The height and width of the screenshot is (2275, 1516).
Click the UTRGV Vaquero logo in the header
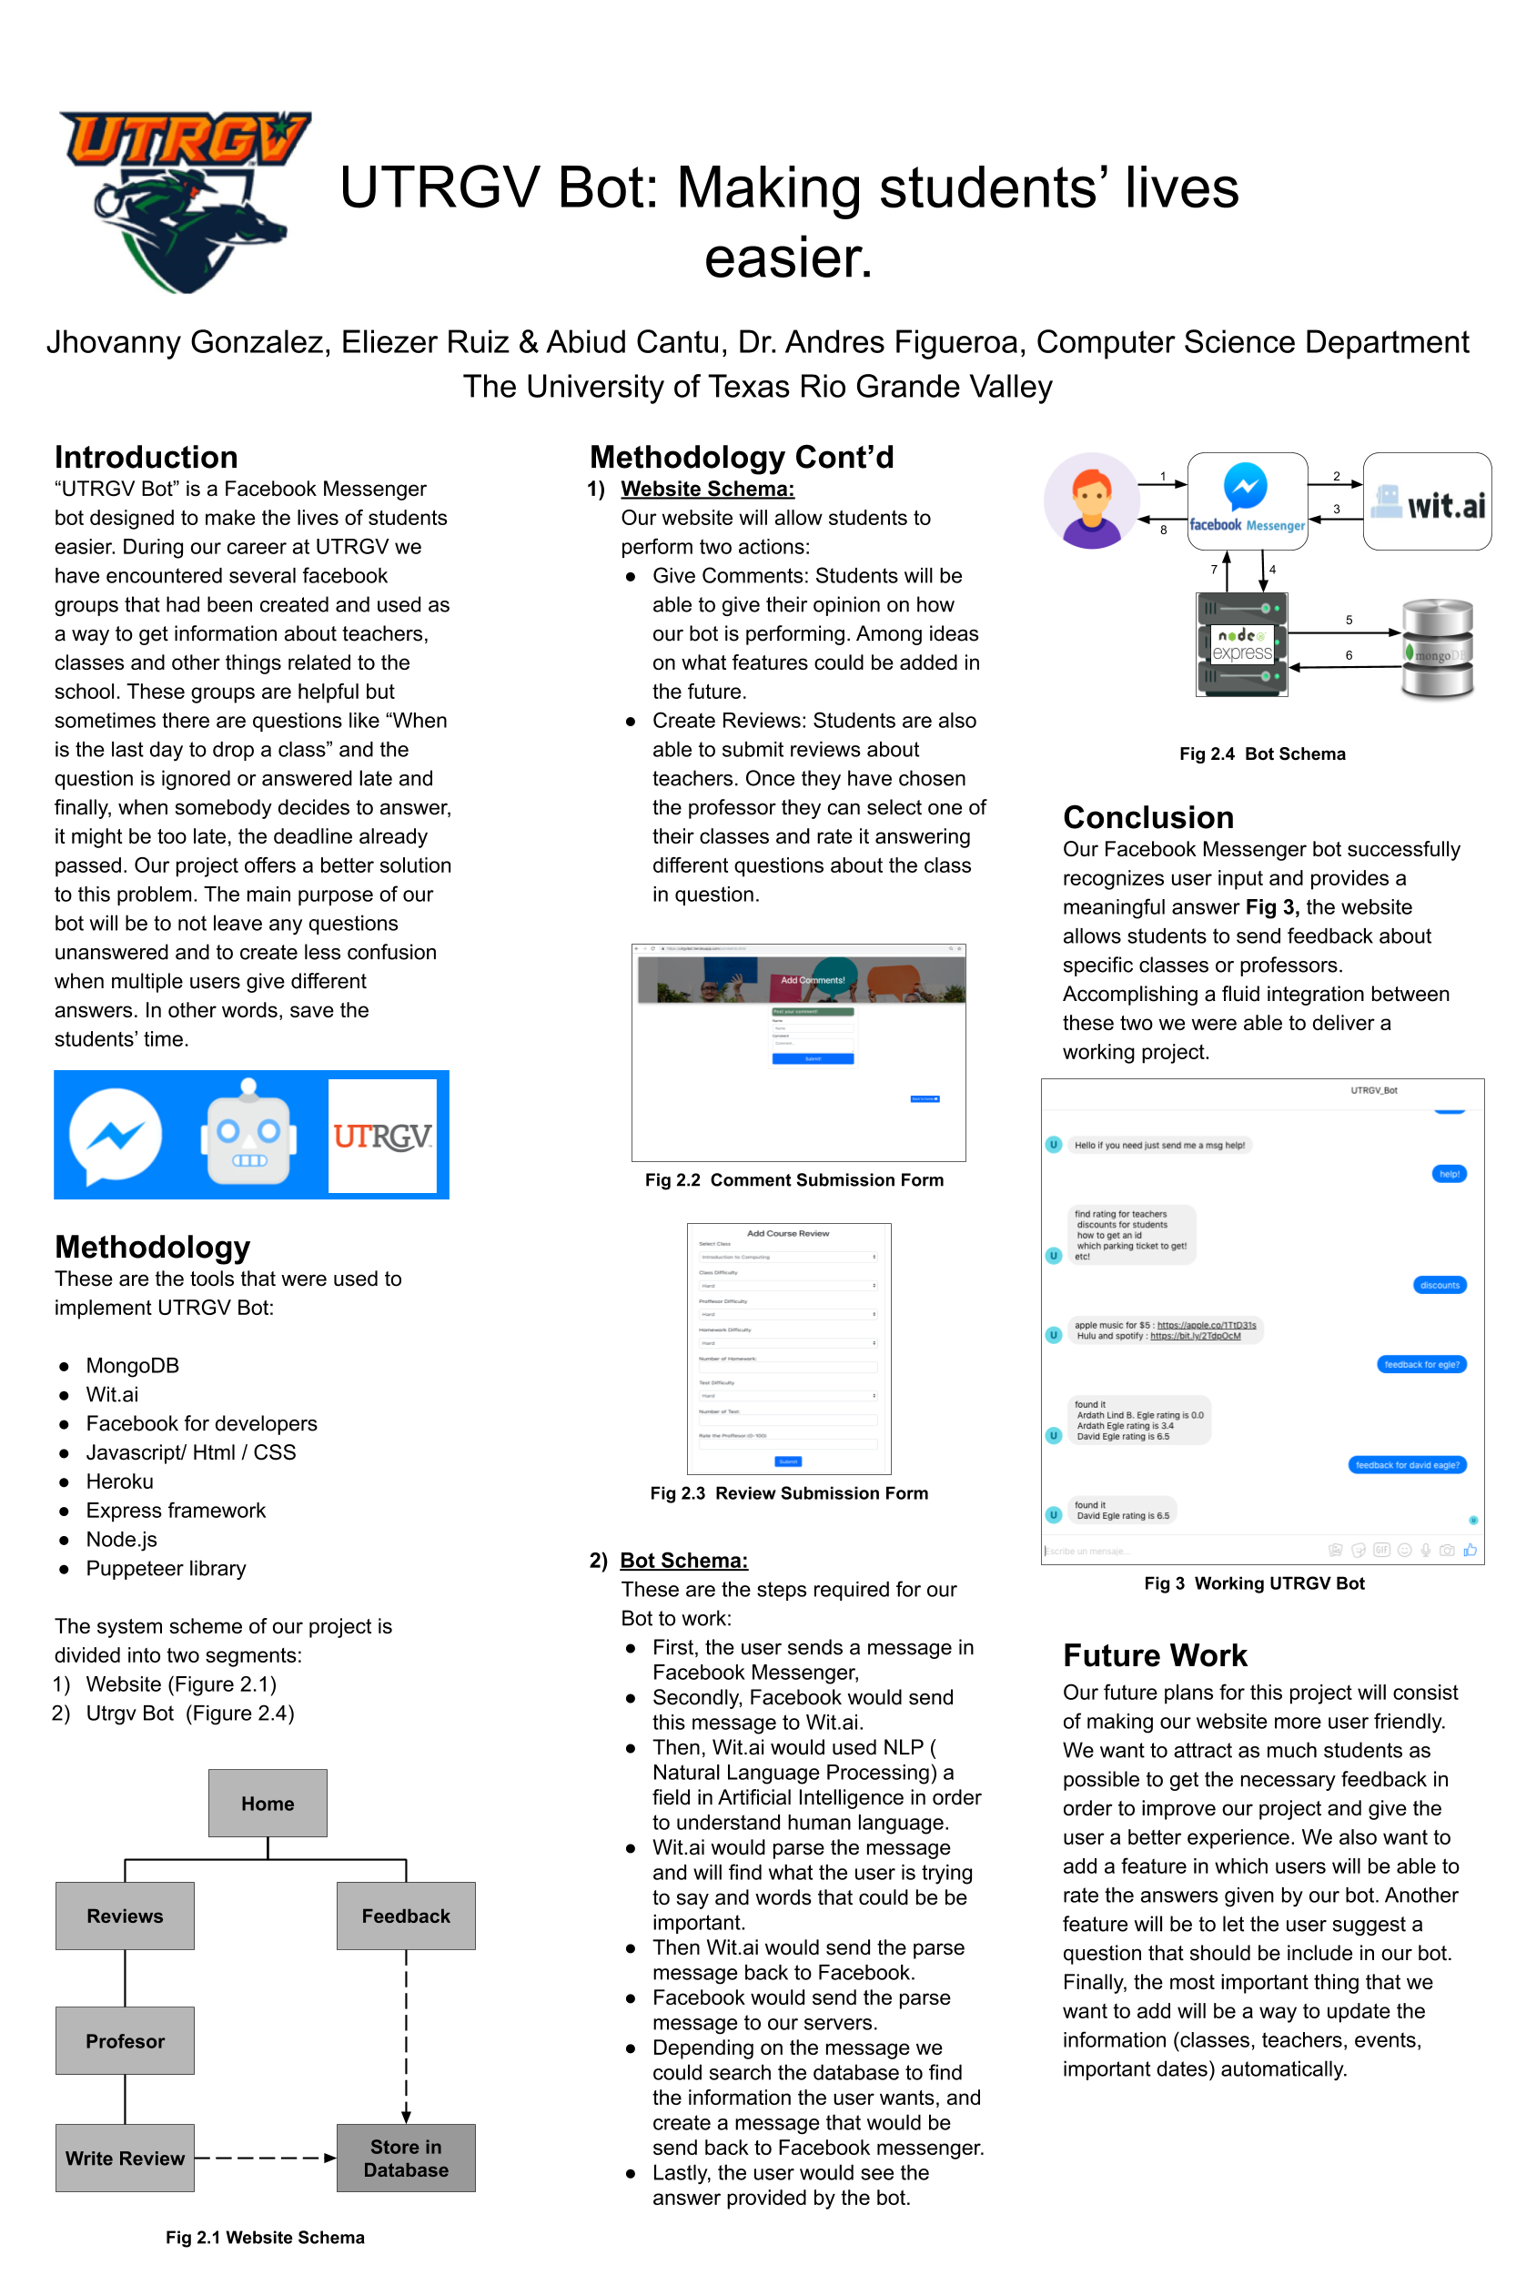pyautogui.click(x=184, y=201)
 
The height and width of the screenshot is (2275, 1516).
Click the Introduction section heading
pyautogui.click(x=146, y=456)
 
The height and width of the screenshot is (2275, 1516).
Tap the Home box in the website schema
pyautogui.click(x=268, y=1804)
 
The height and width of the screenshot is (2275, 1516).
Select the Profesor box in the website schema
pyautogui.click(x=125, y=2040)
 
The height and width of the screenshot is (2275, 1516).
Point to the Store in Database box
pyautogui.click(x=406, y=2157)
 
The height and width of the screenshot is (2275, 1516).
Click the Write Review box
pyautogui.click(x=125, y=2157)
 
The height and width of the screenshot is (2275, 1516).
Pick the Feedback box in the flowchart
pyautogui.click(x=406, y=1916)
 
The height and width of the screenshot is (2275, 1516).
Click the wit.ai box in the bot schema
pyautogui.click(x=1427, y=501)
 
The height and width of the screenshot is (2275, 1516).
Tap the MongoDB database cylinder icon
pyautogui.click(x=1438, y=648)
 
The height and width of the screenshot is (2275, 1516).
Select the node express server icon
pyautogui.click(x=1242, y=645)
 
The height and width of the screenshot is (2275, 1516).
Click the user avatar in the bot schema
pyautogui.click(x=1092, y=500)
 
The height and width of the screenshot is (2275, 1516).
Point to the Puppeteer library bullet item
pyautogui.click(x=166, y=1568)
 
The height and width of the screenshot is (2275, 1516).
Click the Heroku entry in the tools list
pyautogui.click(x=120, y=1481)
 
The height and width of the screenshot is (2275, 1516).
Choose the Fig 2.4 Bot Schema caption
pyautogui.click(x=1262, y=754)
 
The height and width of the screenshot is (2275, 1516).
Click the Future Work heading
pyautogui.click(x=1156, y=1655)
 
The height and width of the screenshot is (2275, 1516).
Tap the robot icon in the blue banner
pyautogui.click(x=248, y=1134)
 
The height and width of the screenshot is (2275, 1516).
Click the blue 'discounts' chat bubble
pyautogui.click(x=1440, y=1285)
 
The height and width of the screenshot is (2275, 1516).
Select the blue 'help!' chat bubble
pyautogui.click(x=1450, y=1174)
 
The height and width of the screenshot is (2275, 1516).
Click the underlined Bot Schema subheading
pyautogui.click(x=683, y=1561)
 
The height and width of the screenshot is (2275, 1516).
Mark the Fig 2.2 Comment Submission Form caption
pyautogui.click(x=793, y=1179)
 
